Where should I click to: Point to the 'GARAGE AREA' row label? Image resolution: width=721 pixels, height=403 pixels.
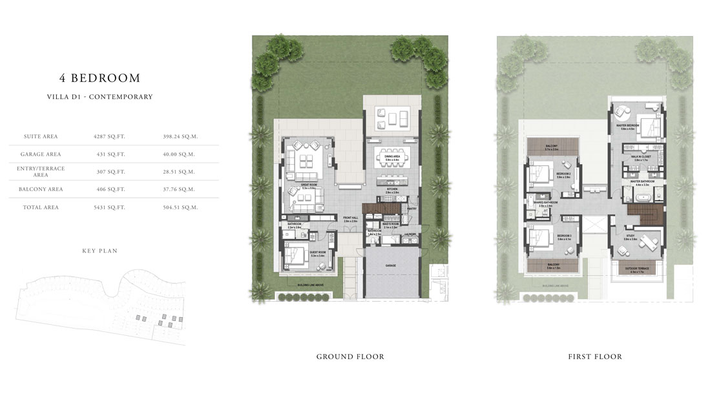coord(41,154)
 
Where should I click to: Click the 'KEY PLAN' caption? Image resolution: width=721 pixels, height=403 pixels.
coord(99,250)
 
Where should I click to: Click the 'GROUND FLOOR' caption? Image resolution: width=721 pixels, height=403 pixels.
coord(350,356)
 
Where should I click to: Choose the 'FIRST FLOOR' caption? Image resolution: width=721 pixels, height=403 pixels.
coord(595,356)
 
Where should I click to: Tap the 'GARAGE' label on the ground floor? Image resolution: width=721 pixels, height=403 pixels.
coord(392,265)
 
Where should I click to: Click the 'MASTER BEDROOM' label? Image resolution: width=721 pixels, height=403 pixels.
coord(629,125)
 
